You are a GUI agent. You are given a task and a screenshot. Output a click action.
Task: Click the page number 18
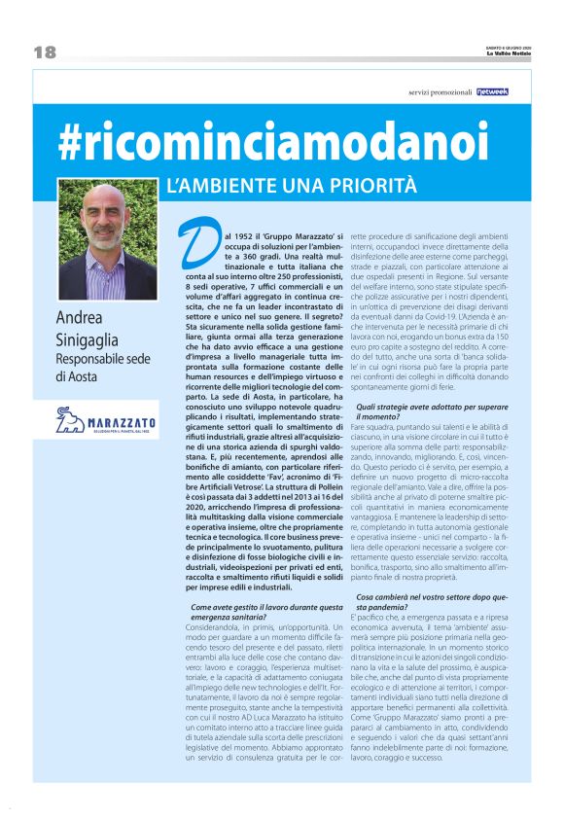(x=44, y=52)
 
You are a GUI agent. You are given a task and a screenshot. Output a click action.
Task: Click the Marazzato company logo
(x=106, y=421)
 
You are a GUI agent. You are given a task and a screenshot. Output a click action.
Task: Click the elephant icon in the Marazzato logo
(x=70, y=421)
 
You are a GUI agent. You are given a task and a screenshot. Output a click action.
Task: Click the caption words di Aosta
(x=79, y=376)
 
